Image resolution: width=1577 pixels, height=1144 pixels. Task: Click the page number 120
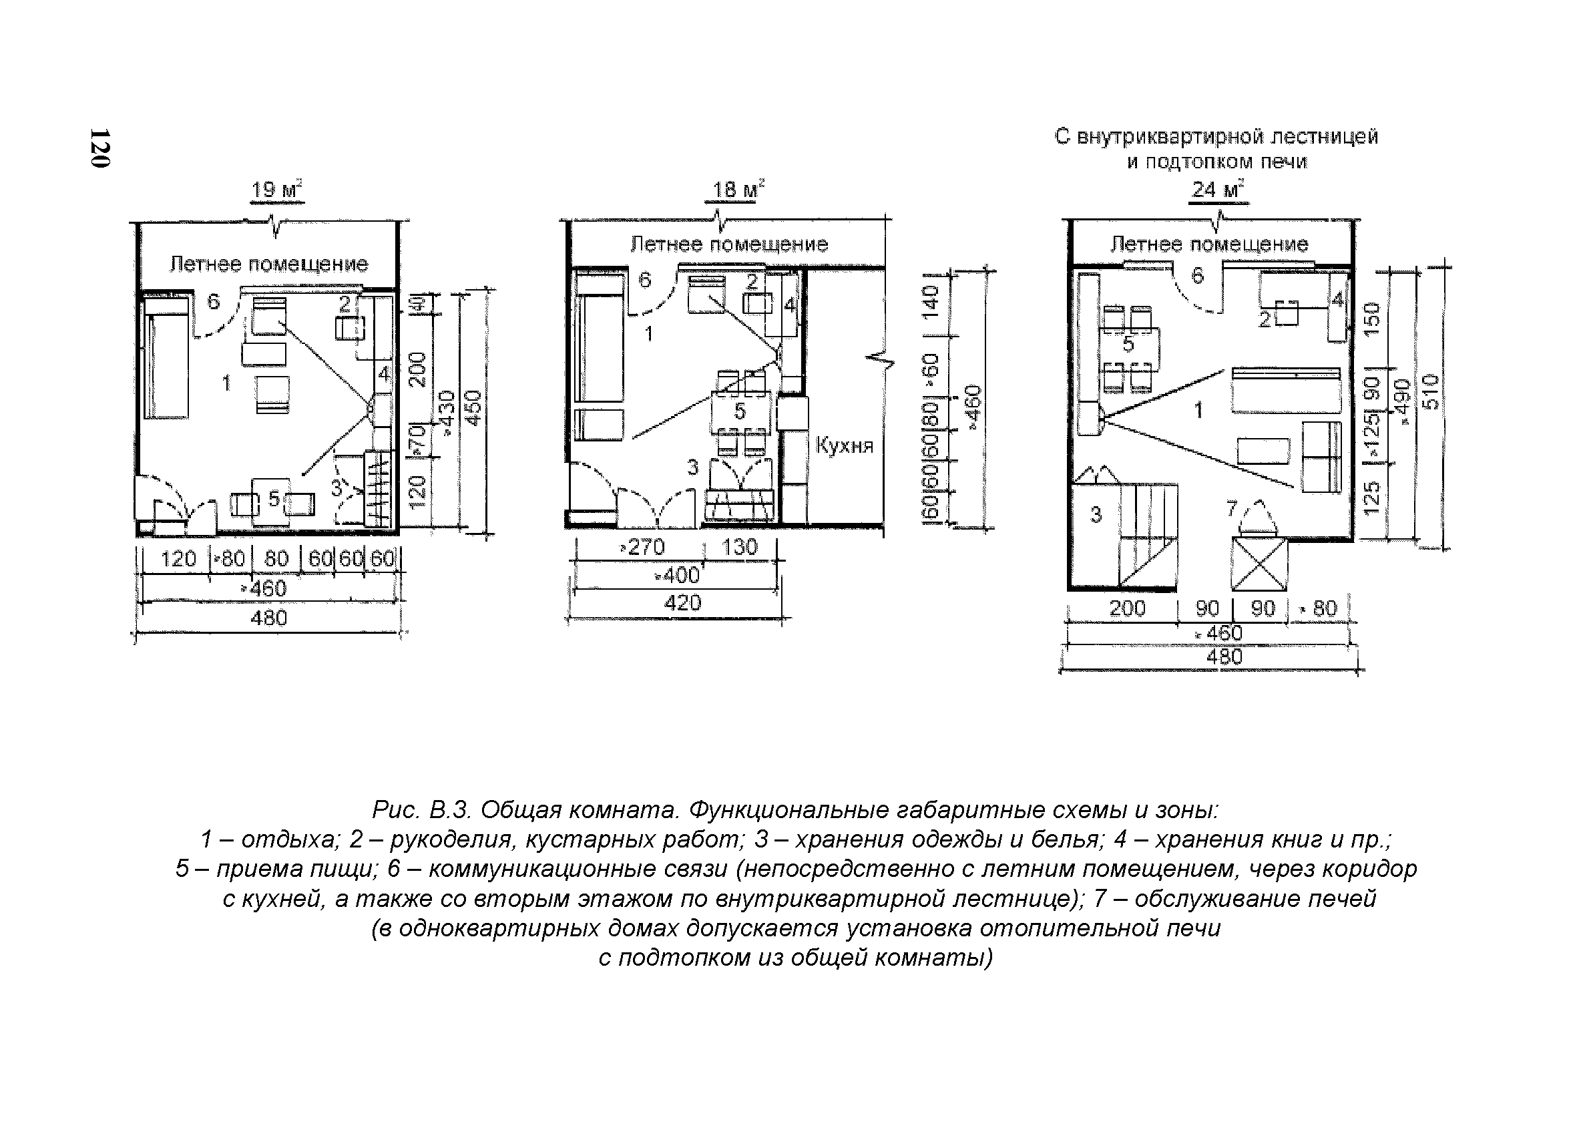(x=99, y=148)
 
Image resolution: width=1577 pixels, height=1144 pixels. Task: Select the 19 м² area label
(x=276, y=190)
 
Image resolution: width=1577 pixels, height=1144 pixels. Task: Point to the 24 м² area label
(x=1218, y=190)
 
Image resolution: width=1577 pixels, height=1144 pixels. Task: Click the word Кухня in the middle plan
(x=843, y=445)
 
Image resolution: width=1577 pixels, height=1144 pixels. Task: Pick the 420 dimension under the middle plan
(x=682, y=603)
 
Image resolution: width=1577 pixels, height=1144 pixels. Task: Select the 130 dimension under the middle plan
(x=739, y=548)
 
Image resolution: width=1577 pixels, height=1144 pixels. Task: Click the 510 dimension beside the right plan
(x=1431, y=391)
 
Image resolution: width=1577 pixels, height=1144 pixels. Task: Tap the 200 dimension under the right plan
(x=1127, y=608)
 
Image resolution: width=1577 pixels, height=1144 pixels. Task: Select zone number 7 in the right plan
(x=1231, y=510)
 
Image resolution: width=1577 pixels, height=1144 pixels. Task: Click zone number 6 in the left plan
(x=214, y=301)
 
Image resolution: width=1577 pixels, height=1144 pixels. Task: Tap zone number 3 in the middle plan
(x=692, y=467)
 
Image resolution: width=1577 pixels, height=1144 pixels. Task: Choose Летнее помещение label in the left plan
(x=269, y=264)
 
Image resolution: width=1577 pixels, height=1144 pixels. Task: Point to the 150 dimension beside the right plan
(x=1371, y=319)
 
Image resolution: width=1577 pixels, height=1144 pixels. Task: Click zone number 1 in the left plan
(x=226, y=383)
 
